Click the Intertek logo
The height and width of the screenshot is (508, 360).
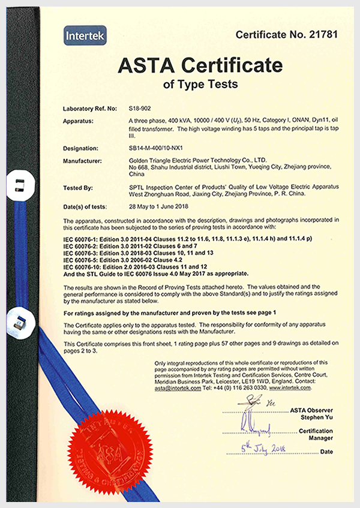[85, 36]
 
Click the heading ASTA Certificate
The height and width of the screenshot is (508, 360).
[200, 65]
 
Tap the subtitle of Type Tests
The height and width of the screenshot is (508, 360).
[200, 84]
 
